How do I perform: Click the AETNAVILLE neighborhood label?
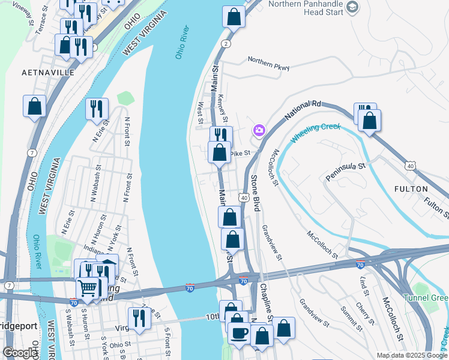[x=47, y=72]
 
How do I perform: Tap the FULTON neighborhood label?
[x=411, y=188]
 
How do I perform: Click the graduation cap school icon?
[x=352, y=7]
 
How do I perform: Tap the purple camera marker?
[x=259, y=130]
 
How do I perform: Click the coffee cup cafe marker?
[x=240, y=333]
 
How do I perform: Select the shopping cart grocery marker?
[x=88, y=289]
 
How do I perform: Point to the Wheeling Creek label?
[x=316, y=133]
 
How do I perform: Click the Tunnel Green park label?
[x=426, y=298]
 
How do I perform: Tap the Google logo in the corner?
[x=20, y=353]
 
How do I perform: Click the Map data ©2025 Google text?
[x=412, y=355]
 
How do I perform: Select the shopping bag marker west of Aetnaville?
[x=35, y=106]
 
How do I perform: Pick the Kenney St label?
[x=224, y=106]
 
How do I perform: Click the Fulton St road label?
[x=433, y=206]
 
